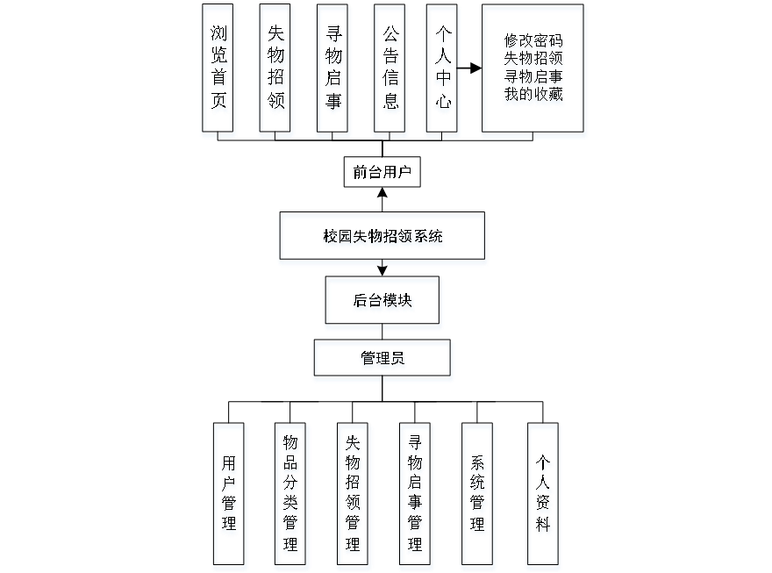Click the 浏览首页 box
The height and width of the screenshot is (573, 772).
point(219,70)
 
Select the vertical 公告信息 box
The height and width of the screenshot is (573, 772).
point(390,70)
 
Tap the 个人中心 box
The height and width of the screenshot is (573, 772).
point(443,70)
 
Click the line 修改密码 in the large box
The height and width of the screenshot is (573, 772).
point(533,42)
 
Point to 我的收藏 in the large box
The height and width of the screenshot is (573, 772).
point(533,97)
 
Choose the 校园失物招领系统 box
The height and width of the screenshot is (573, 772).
point(382,239)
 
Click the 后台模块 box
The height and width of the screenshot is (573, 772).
point(383,303)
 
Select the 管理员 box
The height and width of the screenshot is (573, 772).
point(383,361)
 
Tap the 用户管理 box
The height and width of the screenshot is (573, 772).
point(230,495)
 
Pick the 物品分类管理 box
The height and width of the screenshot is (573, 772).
point(291,495)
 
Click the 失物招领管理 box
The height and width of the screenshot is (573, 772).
point(354,495)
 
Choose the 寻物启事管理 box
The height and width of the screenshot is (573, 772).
point(415,495)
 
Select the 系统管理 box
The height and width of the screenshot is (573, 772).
point(478,495)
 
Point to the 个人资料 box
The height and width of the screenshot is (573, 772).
point(544,495)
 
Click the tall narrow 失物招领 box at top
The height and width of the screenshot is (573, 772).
point(276,70)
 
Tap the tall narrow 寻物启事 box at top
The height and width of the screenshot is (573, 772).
point(333,70)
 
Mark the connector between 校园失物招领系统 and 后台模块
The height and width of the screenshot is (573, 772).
point(382,271)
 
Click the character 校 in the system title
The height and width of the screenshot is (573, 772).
point(330,239)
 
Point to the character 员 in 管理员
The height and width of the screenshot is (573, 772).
point(398,361)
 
